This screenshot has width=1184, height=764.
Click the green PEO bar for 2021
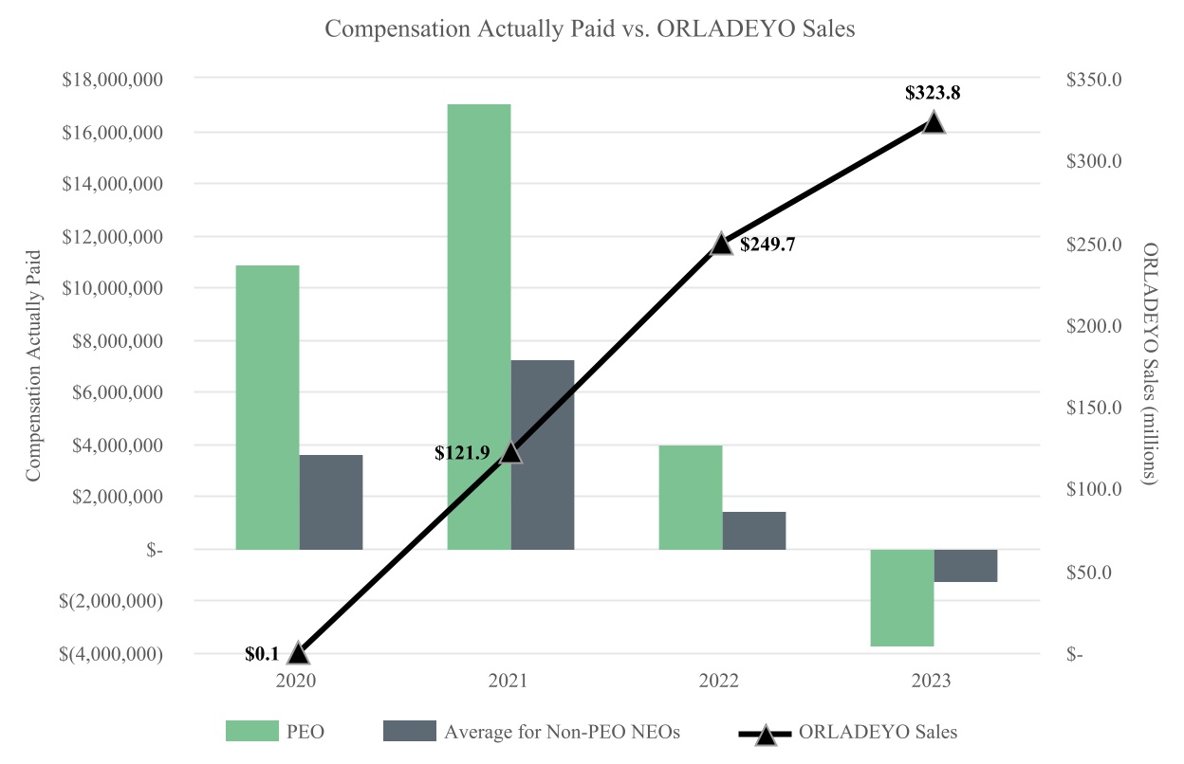(479, 326)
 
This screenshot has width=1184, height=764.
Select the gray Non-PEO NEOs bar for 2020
(331, 501)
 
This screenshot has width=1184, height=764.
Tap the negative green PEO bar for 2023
(902, 597)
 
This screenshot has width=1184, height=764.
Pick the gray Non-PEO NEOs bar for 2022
(754, 530)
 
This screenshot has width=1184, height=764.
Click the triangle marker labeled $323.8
(934, 122)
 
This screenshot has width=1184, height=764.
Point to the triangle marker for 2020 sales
(298, 652)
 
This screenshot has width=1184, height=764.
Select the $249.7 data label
(767, 245)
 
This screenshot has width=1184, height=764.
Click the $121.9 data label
(462, 452)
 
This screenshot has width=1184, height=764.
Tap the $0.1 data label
(262, 653)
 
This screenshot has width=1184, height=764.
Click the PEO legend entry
(280, 731)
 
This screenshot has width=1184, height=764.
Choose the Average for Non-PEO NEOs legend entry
(531, 731)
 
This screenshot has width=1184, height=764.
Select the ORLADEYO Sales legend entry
(848, 731)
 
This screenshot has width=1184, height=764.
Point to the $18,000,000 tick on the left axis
(112, 80)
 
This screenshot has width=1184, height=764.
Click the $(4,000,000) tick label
(110, 654)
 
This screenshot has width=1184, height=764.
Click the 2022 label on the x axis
(722, 680)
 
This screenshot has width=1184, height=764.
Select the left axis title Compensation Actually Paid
(34, 366)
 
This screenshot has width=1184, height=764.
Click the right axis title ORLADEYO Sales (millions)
(1151, 366)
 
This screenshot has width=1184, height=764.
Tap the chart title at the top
(590, 29)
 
